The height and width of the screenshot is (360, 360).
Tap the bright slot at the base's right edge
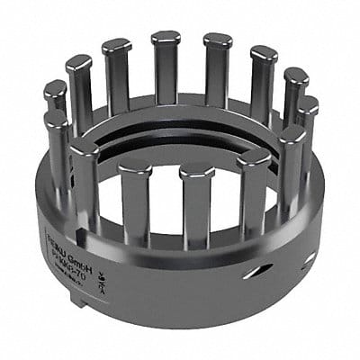309,258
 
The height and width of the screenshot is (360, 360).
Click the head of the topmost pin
166,38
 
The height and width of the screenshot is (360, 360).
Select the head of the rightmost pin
307,105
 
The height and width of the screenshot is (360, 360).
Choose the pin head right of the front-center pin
254,158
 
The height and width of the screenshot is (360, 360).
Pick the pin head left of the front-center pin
135,167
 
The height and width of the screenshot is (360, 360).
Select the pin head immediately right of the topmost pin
218,40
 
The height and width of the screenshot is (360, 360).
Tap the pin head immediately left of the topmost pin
116,45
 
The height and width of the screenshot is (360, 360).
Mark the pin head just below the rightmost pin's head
292,135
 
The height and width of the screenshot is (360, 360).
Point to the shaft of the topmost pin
166,76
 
